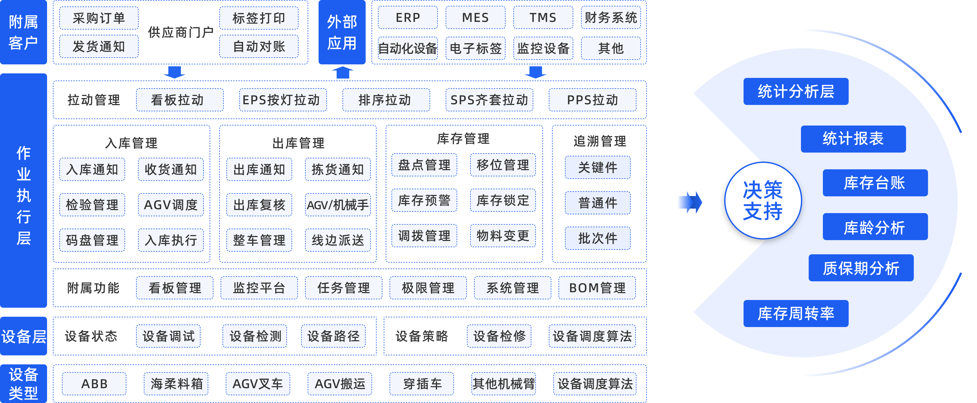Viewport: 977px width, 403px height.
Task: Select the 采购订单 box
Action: click(99, 18)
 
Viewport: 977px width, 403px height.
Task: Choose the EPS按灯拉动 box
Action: click(282, 100)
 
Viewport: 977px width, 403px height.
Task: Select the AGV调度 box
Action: click(171, 205)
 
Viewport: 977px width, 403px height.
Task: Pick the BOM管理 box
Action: click(597, 288)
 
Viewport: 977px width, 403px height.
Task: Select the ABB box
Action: click(94, 384)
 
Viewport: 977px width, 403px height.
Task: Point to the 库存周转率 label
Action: click(796, 313)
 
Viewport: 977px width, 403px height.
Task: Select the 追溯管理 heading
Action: click(599, 141)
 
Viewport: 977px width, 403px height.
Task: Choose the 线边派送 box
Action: click(337, 240)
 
